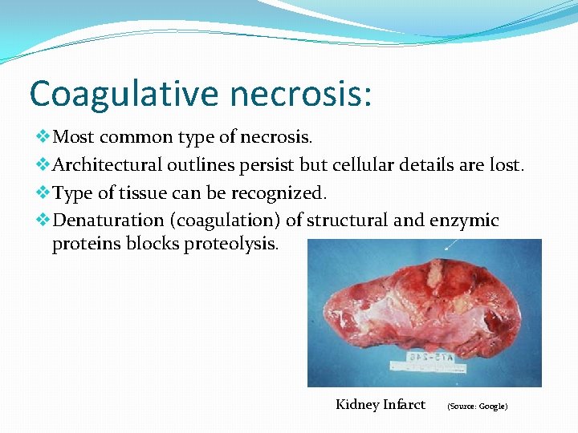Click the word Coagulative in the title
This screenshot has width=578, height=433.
[x=123, y=93]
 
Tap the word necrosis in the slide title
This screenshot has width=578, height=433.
[x=299, y=93]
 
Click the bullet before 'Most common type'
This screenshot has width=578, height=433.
[x=43, y=137]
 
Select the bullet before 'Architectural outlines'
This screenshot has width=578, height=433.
[x=43, y=165]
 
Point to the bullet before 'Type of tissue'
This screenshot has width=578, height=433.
[x=43, y=192]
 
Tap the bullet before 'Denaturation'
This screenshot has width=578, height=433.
[x=43, y=221]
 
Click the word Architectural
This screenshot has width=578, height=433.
[x=108, y=165]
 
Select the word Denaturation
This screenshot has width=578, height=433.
[x=105, y=221]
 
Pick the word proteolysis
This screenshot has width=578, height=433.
[x=231, y=244]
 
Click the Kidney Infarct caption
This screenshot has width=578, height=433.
[x=380, y=404]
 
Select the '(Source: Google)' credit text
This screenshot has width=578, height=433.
[x=477, y=407]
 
